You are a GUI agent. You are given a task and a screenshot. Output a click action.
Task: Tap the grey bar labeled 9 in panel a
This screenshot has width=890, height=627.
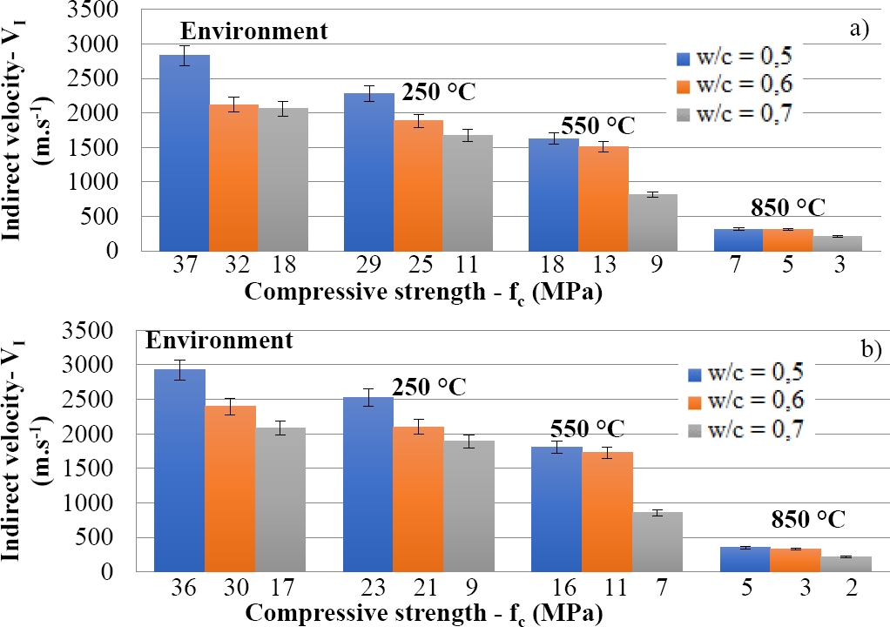[652, 222]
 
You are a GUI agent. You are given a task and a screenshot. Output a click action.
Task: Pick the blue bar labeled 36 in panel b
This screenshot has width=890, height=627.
[180, 470]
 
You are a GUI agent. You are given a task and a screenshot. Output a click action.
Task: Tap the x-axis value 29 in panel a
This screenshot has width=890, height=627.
[369, 266]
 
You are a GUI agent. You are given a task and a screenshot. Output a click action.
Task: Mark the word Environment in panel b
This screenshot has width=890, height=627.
[219, 340]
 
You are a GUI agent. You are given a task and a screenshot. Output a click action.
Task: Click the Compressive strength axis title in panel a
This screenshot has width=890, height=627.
[424, 292]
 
